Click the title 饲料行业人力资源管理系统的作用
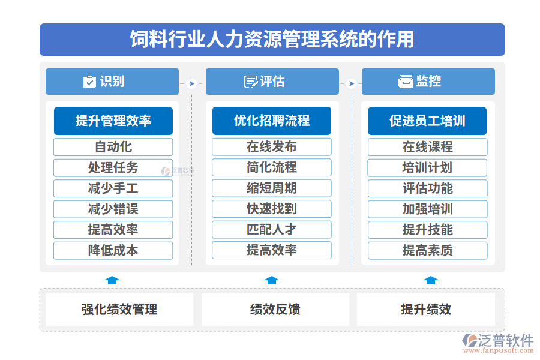[x=272, y=39]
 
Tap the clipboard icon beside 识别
[x=89, y=82]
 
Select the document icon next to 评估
[x=251, y=82]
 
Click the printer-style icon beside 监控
[x=406, y=82]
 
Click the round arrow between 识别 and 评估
[x=191, y=83]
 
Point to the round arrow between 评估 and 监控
[x=351, y=83]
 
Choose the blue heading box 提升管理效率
[x=113, y=121]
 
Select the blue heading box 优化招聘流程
[x=272, y=121]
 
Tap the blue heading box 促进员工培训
[x=427, y=121]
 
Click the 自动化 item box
[x=113, y=147]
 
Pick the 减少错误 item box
[x=113, y=209]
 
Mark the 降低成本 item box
[x=113, y=250]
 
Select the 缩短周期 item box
[x=272, y=188]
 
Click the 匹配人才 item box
[x=272, y=229]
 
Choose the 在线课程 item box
[x=427, y=147]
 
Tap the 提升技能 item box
[x=427, y=230]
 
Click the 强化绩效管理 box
[x=119, y=310]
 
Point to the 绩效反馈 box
[x=275, y=310]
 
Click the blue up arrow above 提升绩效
[x=431, y=280]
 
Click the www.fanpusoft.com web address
[x=499, y=350]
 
